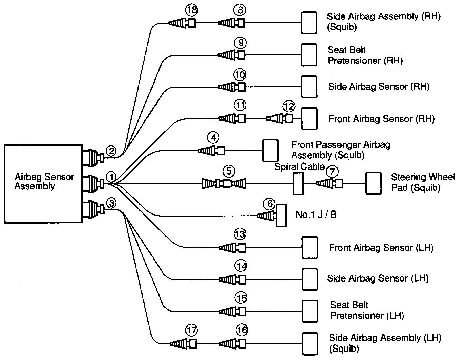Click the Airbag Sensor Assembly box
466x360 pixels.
(43, 184)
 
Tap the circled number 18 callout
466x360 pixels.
(191, 10)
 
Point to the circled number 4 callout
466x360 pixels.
(213, 138)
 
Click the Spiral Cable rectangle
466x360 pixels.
(298, 183)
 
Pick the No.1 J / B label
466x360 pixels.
(316, 215)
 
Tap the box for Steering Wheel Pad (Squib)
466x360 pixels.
(373, 183)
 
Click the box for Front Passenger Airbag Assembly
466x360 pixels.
(270, 151)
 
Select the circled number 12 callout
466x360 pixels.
(289, 107)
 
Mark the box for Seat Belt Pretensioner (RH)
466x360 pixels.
(309, 55)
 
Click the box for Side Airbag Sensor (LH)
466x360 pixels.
(310, 279)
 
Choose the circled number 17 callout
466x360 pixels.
(191, 330)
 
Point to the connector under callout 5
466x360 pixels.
(224, 184)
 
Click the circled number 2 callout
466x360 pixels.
(111, 151)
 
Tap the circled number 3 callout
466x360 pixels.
(111, 203)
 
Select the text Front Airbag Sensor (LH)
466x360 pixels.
(381, 248)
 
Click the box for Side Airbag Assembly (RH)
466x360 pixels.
(309, 23)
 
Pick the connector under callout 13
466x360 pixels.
(232, 248)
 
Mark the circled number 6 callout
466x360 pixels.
(270, 204)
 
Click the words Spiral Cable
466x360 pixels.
(299, 167)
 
